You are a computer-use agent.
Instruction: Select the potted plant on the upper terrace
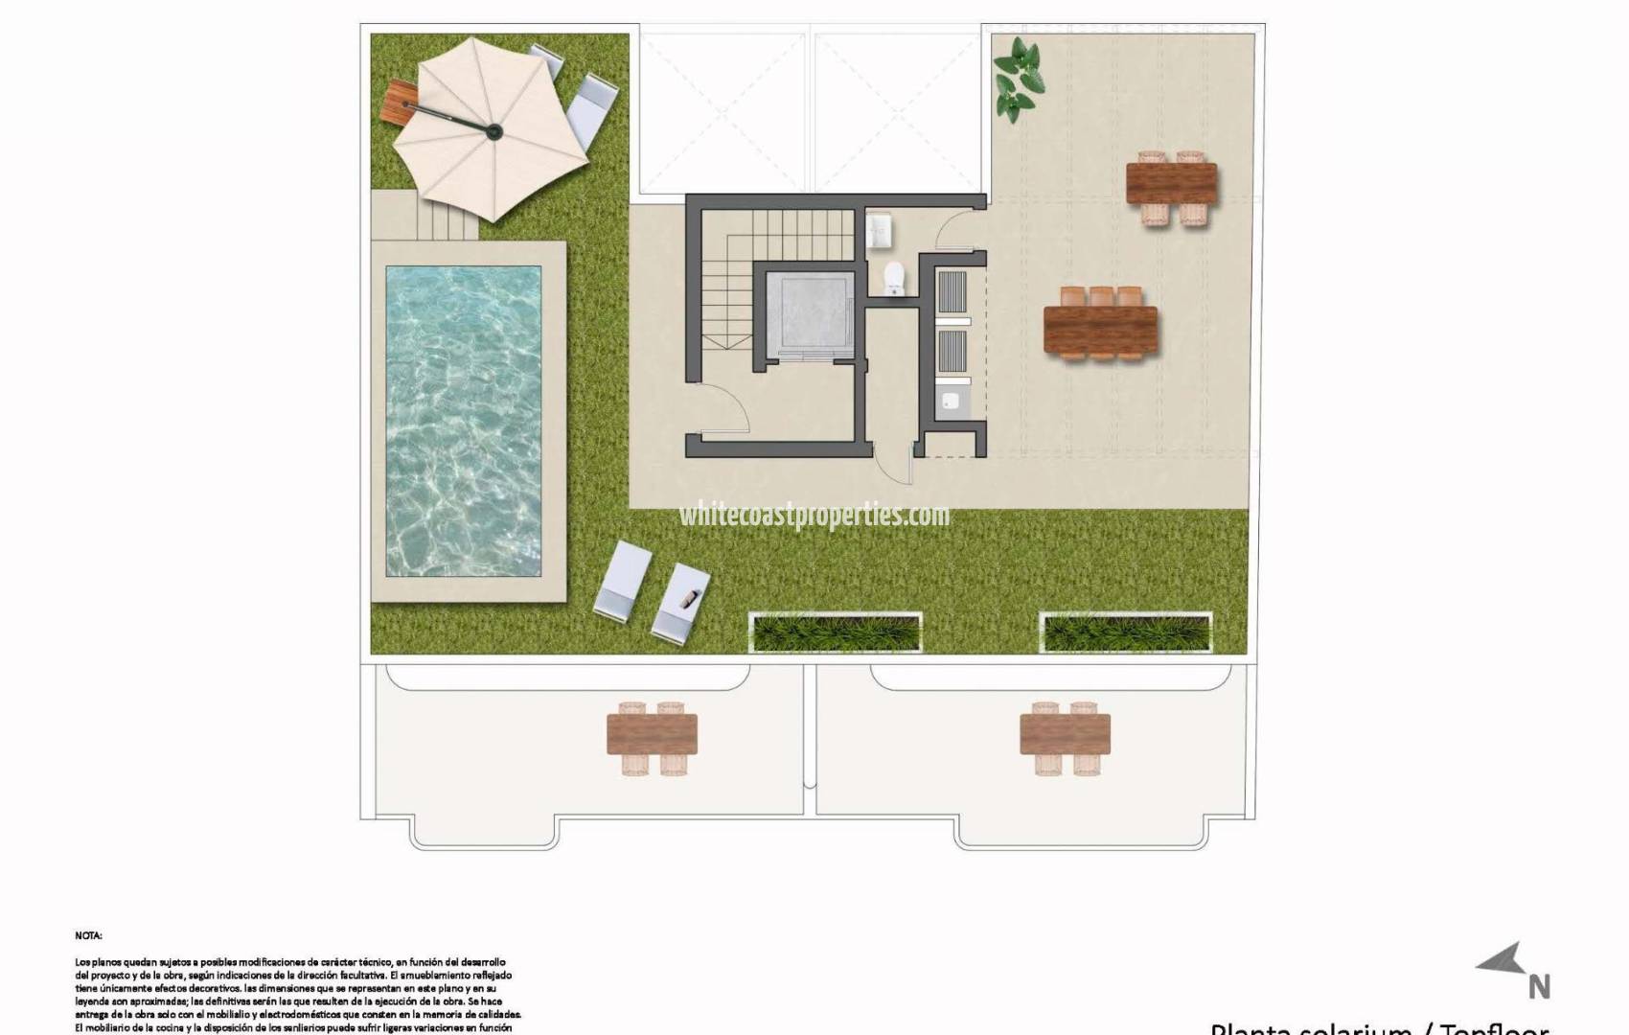click(x=1018, y=79)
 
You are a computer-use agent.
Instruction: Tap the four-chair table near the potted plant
click(x=1171, y=183)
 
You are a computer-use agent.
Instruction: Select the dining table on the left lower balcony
click(x=652, y=736)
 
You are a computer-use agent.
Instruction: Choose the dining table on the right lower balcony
click(x=1065, y=736)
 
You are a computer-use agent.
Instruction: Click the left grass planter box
click(x=835, y=632)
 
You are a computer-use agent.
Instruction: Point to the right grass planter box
click(x=1126, y=632)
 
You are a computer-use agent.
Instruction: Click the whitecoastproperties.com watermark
click(x=814, y=515)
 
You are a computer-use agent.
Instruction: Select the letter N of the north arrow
click(x=1539, y=986)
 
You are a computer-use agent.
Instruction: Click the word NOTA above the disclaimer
click(x=88, y=935)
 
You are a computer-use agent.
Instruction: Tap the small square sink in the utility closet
click(x=952, y=402)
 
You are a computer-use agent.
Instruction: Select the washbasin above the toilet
click(x=880, y=231)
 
